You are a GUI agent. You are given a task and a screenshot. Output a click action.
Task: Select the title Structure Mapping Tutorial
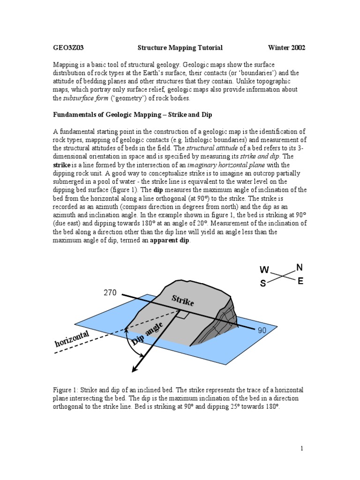point(180,48)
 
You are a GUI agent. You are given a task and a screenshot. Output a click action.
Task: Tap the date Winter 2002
point(286,48)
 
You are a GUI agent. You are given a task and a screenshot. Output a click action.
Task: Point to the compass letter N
point(299,267)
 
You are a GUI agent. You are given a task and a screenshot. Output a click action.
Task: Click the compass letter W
point(264,270)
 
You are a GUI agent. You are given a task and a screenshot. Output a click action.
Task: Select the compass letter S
point(263,284)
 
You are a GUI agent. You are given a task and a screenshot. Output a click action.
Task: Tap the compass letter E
point(300,281)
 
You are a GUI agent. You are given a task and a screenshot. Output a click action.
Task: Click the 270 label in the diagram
point(109,293)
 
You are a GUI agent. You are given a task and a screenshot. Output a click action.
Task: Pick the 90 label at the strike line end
point(262,330)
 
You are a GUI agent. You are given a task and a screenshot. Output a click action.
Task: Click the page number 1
point(302,449)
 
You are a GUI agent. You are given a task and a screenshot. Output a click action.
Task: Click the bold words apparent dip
point(170,240)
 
